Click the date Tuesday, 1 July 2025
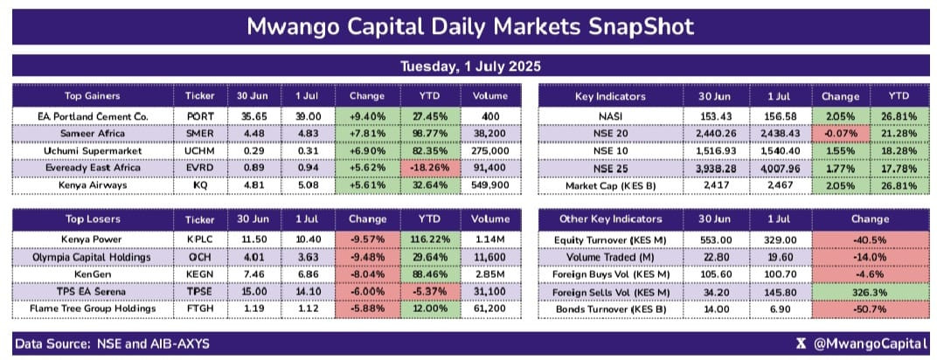click(471, 66)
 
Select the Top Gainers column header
click(92, 96)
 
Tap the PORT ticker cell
click(200, 116)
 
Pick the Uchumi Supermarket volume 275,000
click(490, 150)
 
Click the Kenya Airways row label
click(92, 185)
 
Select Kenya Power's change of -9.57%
click(366, 239)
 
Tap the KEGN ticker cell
click(200, 273)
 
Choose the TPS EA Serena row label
click(92, 291)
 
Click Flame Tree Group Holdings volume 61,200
click(490, 308)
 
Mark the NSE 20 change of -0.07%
click(841, 134)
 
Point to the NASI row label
click(610, 116)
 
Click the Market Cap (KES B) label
click(610, 185)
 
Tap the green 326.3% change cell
click(870, 291)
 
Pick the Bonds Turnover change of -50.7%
click(870, 308)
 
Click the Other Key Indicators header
click(610, 219)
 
